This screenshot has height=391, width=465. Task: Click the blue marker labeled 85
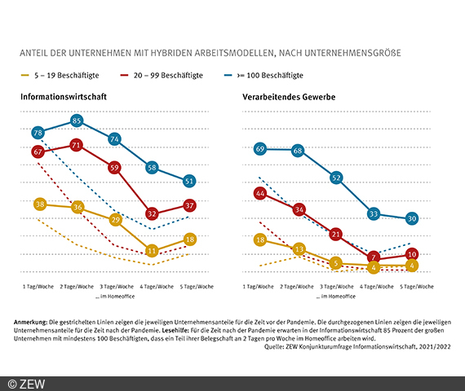point(77,121)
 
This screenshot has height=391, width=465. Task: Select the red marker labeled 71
point(77,146)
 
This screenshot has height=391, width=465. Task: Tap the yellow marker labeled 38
point(38,204)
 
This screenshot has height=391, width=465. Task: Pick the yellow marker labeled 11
point(151,251)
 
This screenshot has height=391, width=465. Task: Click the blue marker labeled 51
point(189,181)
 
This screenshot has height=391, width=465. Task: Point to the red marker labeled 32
point(151,213)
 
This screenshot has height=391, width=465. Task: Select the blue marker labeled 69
point(260,149)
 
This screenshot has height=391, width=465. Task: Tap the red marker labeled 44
point(260,194)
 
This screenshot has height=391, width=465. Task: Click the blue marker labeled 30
point(412,218)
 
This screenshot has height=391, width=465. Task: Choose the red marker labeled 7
point(374,257)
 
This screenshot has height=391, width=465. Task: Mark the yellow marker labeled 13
point(299,249)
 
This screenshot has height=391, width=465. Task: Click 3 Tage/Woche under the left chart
point(114,287)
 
